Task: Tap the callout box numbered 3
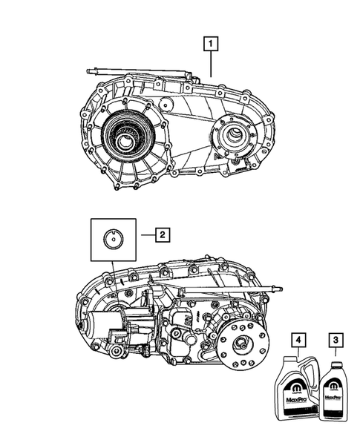point(335,340)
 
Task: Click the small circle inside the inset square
point(113,239)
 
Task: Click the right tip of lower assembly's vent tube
point(278,288)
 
